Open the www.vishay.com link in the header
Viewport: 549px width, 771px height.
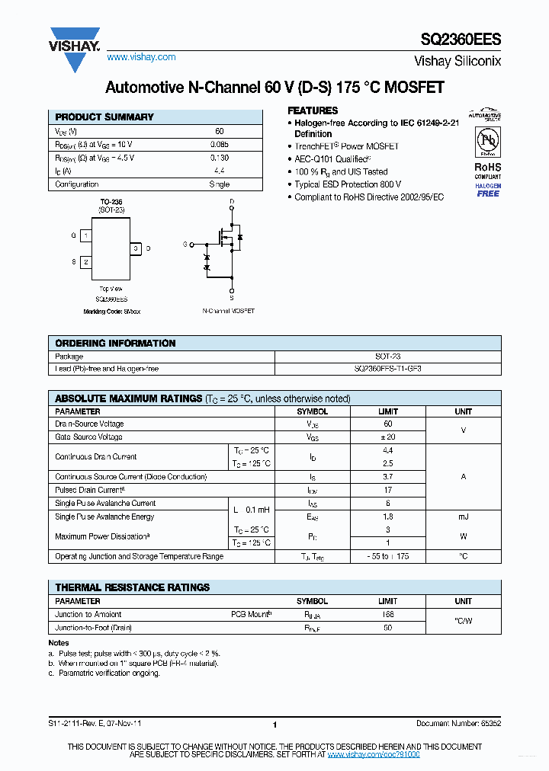point(141,57)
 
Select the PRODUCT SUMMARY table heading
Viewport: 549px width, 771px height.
point(104,117)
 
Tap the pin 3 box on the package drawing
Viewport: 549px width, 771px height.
point(135,248)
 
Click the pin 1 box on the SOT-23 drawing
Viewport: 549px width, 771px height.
point(87,236)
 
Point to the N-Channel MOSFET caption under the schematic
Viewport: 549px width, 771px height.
point(229,311)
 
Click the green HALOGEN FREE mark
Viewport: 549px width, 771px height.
point(488,190)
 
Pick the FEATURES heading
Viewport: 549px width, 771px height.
point(312,110)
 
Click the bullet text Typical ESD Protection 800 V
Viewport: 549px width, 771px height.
point(348,184)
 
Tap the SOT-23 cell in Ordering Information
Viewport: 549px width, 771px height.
point(387,357)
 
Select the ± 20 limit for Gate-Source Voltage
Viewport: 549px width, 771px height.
point(388,437)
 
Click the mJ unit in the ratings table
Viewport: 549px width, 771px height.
point(463,517)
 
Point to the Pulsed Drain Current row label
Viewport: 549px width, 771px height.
point(90,490)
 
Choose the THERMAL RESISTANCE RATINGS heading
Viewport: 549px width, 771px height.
point(133,587)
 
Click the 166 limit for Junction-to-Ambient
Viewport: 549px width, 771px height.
point(388,614)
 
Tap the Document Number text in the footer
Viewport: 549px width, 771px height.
point(458,723)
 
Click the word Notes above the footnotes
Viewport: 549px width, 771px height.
point(58,643)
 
